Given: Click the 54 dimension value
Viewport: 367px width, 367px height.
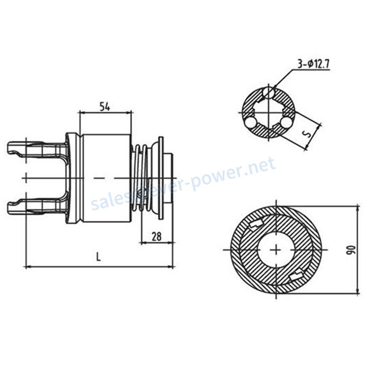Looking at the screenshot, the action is (x=105, y=107).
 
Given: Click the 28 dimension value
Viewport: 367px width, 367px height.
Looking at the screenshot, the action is (x=157, y=236).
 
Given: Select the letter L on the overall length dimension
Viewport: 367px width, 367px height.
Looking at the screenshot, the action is (x=98, y=257).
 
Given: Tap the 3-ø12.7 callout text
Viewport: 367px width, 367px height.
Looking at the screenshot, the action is (x=314, y=64).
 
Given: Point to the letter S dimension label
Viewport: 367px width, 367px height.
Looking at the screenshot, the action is (x=309, y=135).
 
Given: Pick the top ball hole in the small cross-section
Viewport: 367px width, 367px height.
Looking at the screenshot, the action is (x=269, y=92).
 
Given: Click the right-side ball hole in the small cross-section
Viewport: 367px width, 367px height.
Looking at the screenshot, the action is (x=286, y=122).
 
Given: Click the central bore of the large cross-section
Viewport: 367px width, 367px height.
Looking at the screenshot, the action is (x=276, y=250).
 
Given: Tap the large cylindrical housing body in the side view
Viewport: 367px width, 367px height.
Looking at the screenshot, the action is (x=107, y=178).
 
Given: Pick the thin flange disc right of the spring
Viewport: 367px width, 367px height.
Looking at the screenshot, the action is (x=161, y=178).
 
